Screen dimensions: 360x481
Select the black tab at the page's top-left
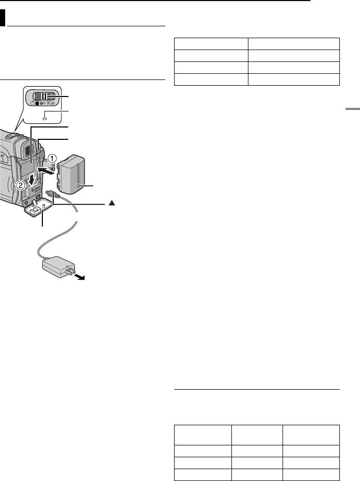(x=3, y=19)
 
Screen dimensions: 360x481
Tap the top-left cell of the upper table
(x=210, y=43)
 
